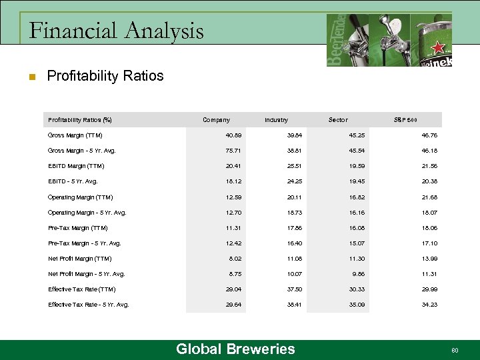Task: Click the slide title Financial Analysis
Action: [x=117, y=31]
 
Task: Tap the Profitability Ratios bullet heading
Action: [x=105, y=76]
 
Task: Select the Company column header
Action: [x=216, y=120]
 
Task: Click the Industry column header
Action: [x=276, y=120]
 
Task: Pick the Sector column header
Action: [x=338, y=120]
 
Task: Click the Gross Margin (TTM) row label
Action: [x=75, y=135]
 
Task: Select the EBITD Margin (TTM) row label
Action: [x=76, y=166]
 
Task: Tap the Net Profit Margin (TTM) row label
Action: [x=80, y=259]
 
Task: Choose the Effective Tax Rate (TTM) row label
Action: [x=82, y=289]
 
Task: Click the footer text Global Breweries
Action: [x=235, y=349]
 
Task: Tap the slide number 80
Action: [x=455, y=350]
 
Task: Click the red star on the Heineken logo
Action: [x=438, y=47]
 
